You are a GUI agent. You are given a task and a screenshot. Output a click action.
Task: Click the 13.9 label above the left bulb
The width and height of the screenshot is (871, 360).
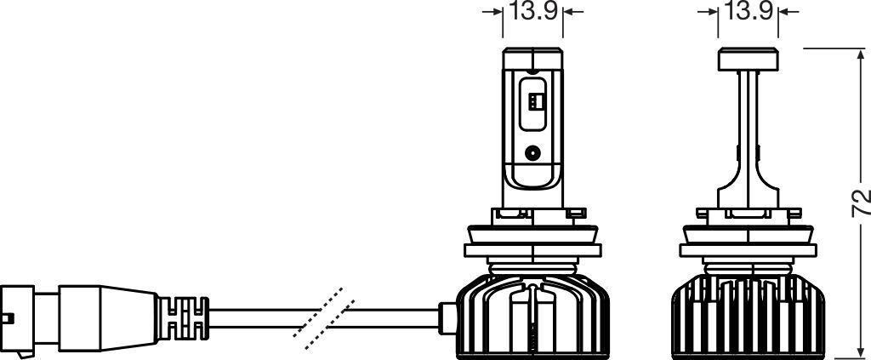(x=532, y=12)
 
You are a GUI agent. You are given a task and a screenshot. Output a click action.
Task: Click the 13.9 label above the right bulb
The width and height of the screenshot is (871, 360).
(x=748, y=12)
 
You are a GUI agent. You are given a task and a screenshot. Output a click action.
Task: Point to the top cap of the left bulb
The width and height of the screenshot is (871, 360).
(x=532, y=60)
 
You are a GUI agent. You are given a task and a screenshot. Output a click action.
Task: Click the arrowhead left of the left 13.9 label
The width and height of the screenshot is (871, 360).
(x=498, y=12)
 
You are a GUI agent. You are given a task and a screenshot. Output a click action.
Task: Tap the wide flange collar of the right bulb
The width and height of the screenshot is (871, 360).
(x=748, y=252)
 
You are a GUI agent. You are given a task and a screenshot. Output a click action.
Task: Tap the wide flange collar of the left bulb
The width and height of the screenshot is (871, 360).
(x=532, y=252)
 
